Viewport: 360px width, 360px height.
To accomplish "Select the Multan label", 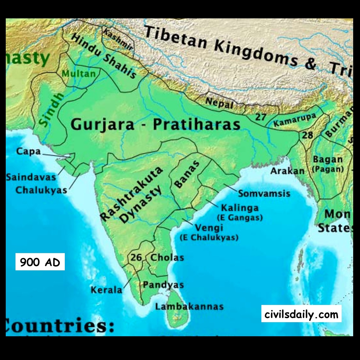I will click(x=79, y=74).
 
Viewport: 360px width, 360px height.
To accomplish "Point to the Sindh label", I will click(x=51, y=109).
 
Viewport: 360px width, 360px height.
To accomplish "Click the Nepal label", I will click(x=219, y=103).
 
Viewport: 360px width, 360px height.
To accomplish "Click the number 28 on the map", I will click(x=308, y=135).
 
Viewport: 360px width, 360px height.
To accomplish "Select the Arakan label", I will click(x=287, y=171).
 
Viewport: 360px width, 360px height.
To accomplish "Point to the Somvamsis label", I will click(x=264, y=193).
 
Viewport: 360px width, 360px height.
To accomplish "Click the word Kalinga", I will click(x=239, y=208).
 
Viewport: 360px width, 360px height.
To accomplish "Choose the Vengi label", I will click(x=209, y=228).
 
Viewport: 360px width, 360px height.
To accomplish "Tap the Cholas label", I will click(x=167, y=257).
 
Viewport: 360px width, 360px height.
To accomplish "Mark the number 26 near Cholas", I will click(x=136, y=257).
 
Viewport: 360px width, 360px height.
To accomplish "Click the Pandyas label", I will click(x=163, y=285).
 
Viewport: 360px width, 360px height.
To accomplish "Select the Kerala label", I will click(x=107, y=290).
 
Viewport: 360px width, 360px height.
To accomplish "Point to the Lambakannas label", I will click(x=189, y=306).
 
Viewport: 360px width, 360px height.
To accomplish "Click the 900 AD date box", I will click(x=40, y=262).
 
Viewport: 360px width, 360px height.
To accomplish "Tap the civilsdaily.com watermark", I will click(x=301, y=314).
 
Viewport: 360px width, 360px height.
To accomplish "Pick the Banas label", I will click(x=186, y=175).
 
